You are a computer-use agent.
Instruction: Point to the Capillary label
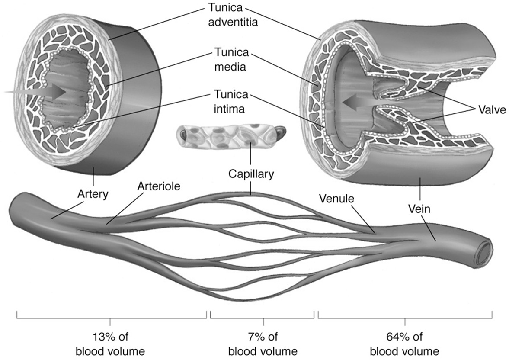[251, 175]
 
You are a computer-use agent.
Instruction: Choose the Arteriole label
[158, 186]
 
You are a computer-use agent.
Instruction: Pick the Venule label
[336, 199]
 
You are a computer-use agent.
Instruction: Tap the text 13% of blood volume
[110, 344]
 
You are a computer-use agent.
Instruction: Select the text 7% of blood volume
[263, 344]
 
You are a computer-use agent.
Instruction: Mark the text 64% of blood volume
[405, 344]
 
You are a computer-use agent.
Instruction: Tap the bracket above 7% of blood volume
[263, 317]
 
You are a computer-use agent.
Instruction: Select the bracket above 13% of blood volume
[111, 317]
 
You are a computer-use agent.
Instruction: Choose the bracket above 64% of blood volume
[406, 317]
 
